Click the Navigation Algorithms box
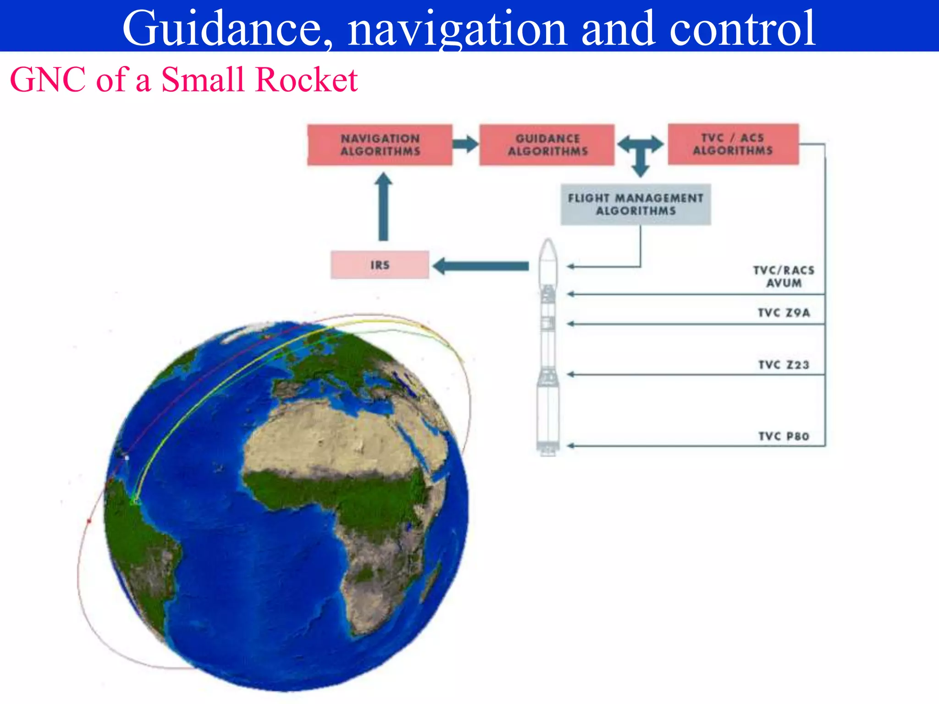point(380,144)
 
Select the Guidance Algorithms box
point(547,144)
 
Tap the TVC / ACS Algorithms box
point(733,144)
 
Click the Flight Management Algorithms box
point(635,204)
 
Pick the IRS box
point(380,265)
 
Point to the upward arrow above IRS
point(383,206)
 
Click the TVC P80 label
point(784,436)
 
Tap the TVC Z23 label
point(784,365)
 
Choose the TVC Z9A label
point(784,313)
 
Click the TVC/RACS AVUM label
point(784,276)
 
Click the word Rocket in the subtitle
point(306,80)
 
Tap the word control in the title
point(743,28)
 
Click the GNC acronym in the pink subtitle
point(48,80)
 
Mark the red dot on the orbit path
point(89,521)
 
